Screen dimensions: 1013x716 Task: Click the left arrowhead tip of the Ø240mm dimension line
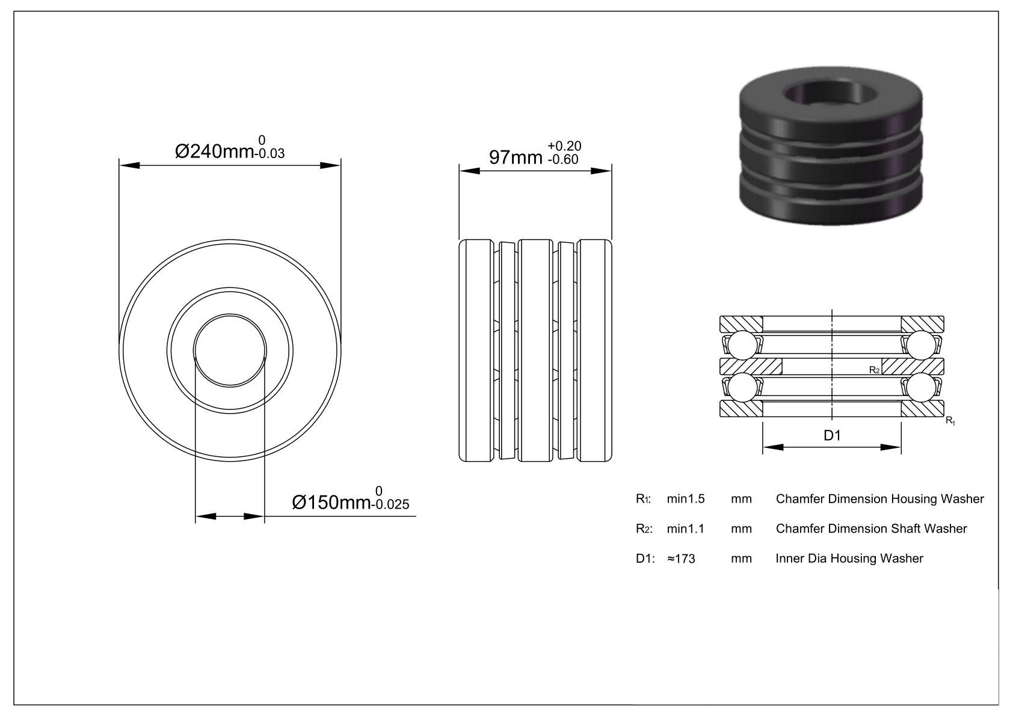coord(119,165)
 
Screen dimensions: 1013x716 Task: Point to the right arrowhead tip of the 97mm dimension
coord(611,171)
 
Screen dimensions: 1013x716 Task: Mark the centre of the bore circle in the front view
coord(230,350)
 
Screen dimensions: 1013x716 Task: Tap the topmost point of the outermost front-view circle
coord(230,240)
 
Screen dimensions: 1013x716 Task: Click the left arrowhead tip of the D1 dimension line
coord(763,447)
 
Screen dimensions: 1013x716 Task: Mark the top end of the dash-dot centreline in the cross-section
coord(832,310)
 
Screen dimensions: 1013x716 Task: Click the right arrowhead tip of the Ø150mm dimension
coord(264,516)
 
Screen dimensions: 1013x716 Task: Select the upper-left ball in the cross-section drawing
coord(742,346)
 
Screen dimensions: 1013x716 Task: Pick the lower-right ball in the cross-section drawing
coord(921,387)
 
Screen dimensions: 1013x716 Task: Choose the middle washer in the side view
coord(535,350)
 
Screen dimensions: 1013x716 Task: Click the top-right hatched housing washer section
coord(923,323)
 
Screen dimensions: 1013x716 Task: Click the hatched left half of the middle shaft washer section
coord(751,367)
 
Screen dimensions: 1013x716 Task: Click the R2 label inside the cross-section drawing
coord(874,370)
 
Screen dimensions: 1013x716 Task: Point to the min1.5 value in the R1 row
coord(686,499)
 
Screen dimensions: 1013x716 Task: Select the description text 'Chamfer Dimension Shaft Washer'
coord(872,528)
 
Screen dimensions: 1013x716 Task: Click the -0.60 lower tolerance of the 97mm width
coord(562,159)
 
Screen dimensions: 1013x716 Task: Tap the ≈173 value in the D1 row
coord(681,558)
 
